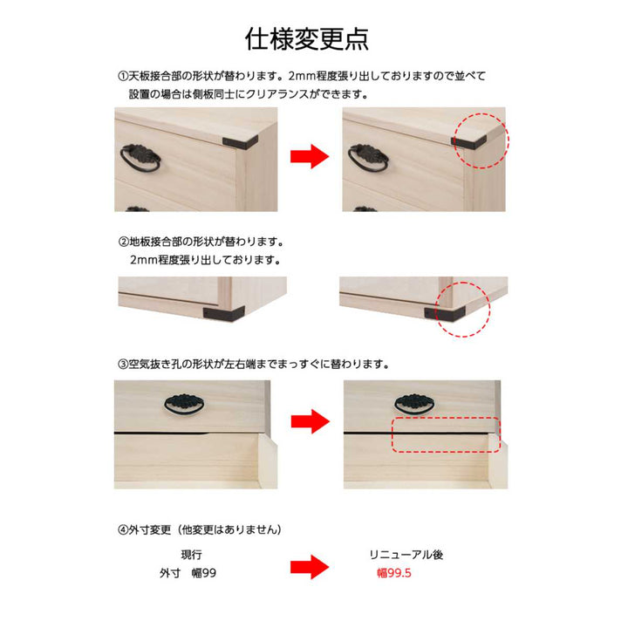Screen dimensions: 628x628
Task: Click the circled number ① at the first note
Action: pos(122,76)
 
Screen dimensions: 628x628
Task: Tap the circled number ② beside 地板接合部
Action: pos(122,240)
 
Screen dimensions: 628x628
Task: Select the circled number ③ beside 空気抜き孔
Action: pos(122,362)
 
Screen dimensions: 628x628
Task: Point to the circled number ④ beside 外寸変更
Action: pos(122,529)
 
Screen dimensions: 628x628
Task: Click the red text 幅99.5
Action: pos(394,574)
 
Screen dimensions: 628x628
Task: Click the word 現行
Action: pos(192,555)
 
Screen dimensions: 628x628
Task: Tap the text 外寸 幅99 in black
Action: pos(188,574)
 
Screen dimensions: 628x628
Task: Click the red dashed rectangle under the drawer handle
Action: pos(445,434)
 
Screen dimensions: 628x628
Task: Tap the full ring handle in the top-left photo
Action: pos(140,159)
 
